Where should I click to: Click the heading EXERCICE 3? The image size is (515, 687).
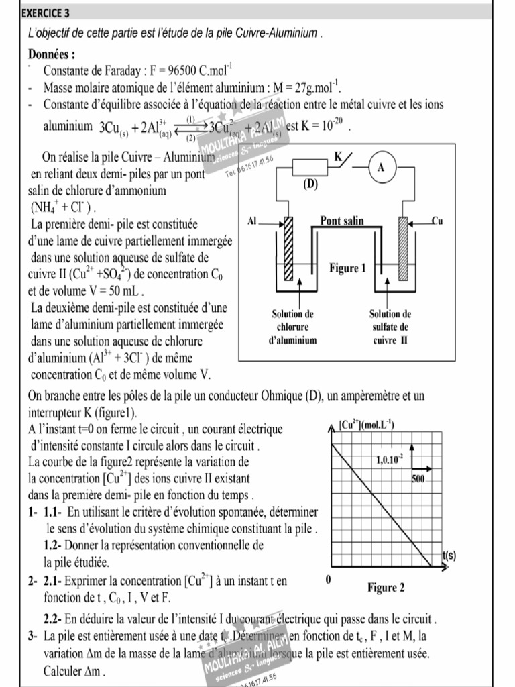click(x=45, y=13)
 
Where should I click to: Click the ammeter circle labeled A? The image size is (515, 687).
click(x=381, y=168)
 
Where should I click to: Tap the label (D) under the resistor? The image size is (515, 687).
click(x=310, y=184)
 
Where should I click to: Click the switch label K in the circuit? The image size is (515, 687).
click(x=338, y=156)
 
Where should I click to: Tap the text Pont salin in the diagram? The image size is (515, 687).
click(x=342, y=220)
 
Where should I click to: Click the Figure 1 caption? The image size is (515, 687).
click(x=347, y=268)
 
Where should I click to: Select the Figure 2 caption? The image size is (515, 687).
click(x=386, y=588)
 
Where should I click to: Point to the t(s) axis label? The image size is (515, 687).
click(x=449, y=556)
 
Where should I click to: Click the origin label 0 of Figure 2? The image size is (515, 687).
click(x=328, y=579)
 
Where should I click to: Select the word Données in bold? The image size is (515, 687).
click(x=52, y=54)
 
